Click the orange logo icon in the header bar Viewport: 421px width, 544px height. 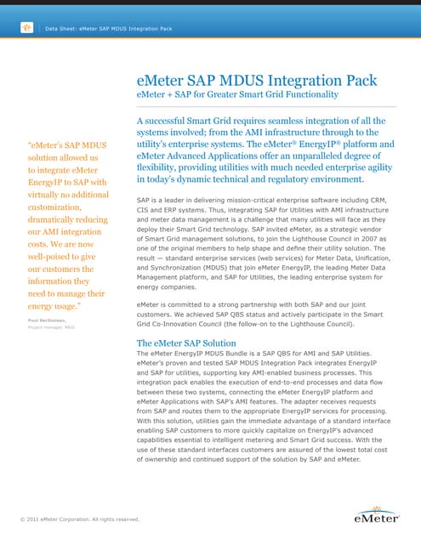26,28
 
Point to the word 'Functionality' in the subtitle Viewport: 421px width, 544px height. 306,95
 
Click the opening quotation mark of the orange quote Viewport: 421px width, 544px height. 31,143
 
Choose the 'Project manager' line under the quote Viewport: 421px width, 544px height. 51,326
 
